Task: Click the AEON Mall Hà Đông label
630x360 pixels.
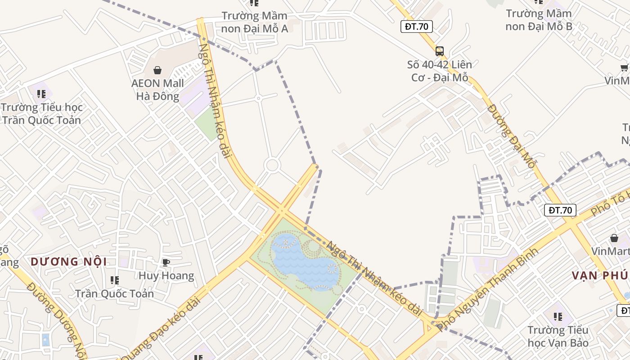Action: click(x=157, y=90)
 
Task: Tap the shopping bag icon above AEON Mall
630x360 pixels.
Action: click(x=157, y=70)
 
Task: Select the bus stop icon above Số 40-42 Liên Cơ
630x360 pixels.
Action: click(x=440, y=51)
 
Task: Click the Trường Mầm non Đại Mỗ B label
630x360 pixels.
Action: click(x=539, y=20)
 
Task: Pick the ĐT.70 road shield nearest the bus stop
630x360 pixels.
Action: click(x=416, y=27)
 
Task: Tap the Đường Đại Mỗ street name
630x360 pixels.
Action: click(x=511, y=136)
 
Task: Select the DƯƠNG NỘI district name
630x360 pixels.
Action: click(x=69, y=261)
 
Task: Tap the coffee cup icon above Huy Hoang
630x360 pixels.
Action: click(x=166, y=262)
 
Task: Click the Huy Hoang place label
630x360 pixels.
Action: click(x=166, y=276)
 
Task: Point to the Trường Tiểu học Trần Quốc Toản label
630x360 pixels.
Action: click(x=41, y=113)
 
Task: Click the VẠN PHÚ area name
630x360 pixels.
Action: click(x=601, y=275)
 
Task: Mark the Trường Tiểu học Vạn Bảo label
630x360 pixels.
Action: click(x=558, y=336)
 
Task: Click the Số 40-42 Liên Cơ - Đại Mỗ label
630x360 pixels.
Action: click(x=440, y=71)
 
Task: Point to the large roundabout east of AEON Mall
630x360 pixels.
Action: click(x=272, y=165)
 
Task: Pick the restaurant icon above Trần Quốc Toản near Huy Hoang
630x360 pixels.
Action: click(x=115, y=280)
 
